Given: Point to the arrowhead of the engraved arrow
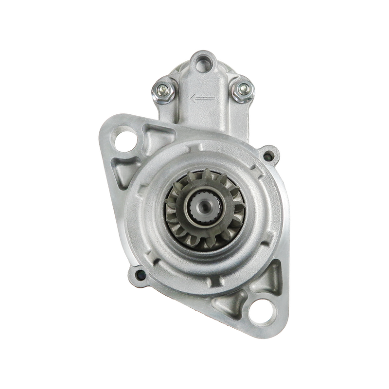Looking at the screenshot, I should coord(194,99).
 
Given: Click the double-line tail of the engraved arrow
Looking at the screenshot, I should coord(207,99).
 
